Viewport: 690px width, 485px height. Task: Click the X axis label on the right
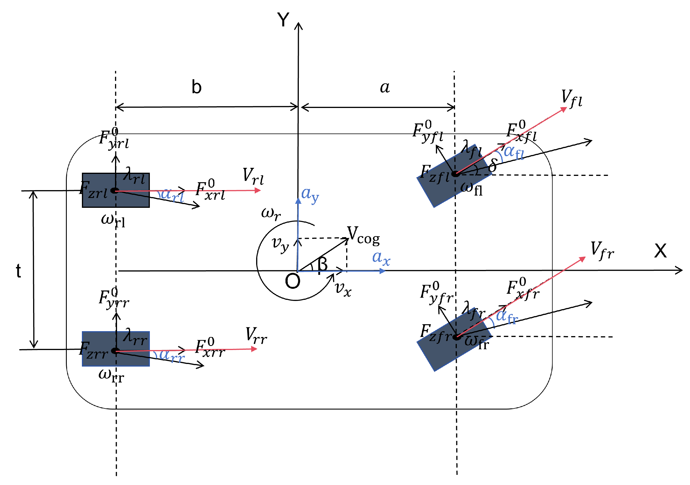pyautogui.click(x=660, y=251)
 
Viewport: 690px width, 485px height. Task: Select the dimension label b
pyautogui.click(x=196, y=87)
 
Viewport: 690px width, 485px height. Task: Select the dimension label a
pyautogui.click(x=385, y=87)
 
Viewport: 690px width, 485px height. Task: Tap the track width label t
pyautogui.click(x=18, y=271)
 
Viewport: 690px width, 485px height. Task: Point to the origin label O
pyautogui.click(x=292, y=281)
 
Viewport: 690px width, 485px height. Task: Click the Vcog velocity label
pyautogui.click(x=363, y=235)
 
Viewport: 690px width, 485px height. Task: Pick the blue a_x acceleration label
pyautogui.click(x=381, y=258)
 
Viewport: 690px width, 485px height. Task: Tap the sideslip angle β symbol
pyautogui.click(x=322, y=264)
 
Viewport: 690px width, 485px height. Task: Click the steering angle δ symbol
pyautogui.click(x=492, y=165)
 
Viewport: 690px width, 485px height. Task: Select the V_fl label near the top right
pyautogui.click(x=571, y=98)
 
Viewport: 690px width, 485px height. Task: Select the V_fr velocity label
pyautogui.click(x=602, y=250)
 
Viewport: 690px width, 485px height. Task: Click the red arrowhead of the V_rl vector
pyautogui.click(x=258, y=190)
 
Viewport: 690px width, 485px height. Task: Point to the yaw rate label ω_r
pyautogui.click(x=271, y=214)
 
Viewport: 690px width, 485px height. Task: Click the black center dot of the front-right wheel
pyautogui.click(x=457, y=337)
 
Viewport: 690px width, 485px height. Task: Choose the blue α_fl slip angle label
pyautogui.click(x=514, y=152)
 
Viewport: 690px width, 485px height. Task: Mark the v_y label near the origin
pyautogui.click(x=280, y=244)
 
